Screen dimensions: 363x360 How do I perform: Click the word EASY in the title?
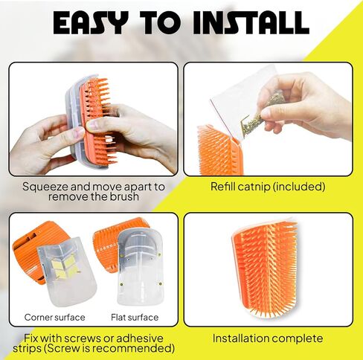click(x=91, y=22)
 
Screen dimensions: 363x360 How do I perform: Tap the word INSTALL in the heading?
click(x=251, y=22)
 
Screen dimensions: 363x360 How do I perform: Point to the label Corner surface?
click(x=55, y=318)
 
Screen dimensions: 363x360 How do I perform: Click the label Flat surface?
click(x=135, y=318)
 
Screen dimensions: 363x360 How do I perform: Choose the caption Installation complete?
click(x=268, y=338)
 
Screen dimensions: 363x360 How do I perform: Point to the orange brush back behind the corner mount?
click(x=28, y=251)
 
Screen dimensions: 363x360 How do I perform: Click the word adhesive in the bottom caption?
click(x=140, y=338)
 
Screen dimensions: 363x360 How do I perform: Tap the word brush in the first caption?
click(x=124, y=197)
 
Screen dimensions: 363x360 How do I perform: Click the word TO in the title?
click(x=161, y=22)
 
